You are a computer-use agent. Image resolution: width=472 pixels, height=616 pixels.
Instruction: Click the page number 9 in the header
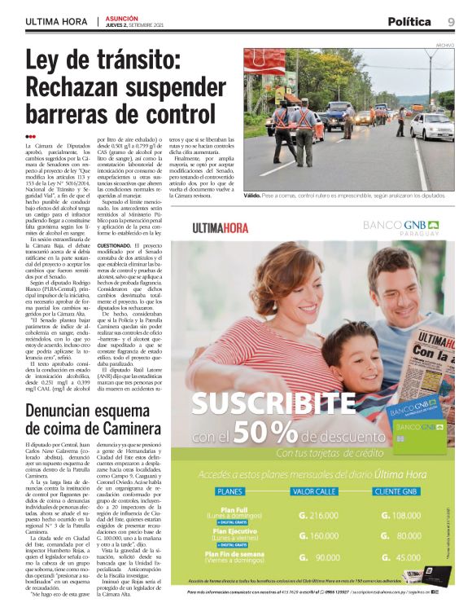[450, 21]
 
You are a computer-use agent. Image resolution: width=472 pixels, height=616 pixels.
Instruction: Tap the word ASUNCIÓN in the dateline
[121, 17]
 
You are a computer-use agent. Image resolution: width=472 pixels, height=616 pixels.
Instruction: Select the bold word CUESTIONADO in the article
[119, 245]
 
